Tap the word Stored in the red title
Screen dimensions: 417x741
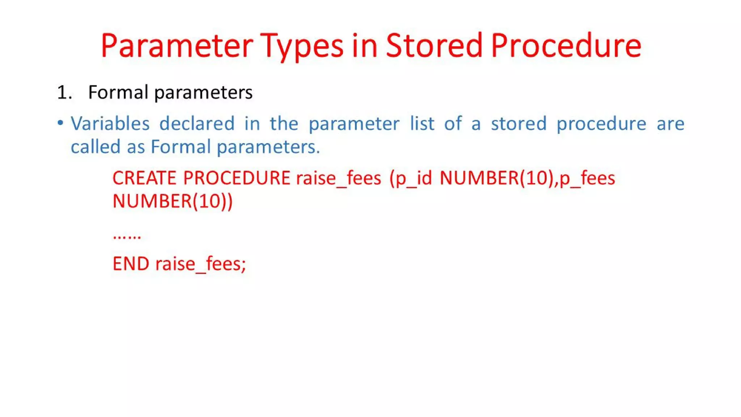[x=434, y=46]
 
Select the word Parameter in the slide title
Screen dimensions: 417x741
[x=177, y=46]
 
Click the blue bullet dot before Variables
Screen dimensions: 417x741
[x=60, y=123]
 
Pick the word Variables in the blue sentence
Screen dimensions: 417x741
[x=110, y=124]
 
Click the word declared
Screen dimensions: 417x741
[x=197, y=124]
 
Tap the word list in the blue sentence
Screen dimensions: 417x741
[x=422, y=124]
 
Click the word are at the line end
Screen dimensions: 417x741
[x=670, y=124]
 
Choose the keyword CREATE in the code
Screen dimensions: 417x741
[x=144, y=178]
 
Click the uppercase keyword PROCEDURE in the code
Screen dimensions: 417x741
[x=237, y=178]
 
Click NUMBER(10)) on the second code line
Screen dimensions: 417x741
[x=173, y=201]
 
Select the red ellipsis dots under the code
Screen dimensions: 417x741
[x=127, y=236]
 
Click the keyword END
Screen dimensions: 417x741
[x=131, y=264]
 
